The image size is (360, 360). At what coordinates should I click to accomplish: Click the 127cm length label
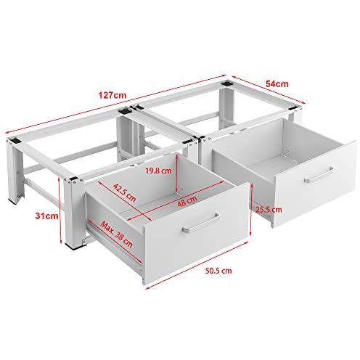(x=112, y=95)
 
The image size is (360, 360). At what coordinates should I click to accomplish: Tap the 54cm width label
(x=277, y=83)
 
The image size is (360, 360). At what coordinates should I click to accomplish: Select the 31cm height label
(x=46, y=216)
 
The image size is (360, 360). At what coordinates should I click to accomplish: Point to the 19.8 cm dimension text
(x=158, y=171)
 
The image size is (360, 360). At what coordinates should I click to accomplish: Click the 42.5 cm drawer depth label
(x=124, y=193)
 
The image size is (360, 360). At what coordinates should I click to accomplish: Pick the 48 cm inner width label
(x=187, y=201)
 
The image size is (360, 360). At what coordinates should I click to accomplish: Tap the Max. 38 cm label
(x=117, y=234)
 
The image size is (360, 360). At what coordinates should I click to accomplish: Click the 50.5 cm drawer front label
(x=218, y=271)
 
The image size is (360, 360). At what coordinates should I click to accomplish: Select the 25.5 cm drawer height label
(x=269, y=210)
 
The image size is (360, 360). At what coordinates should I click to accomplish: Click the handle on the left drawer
(x=201, y=223)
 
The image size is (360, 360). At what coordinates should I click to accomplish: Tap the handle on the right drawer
(x=319, y=174)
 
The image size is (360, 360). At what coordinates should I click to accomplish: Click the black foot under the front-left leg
(x=75, y=247)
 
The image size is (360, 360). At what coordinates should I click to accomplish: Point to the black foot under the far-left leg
(x=13, y=200)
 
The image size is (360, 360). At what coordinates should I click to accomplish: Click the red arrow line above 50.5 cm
(x=198, y=265)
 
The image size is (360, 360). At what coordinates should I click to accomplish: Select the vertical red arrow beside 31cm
(x=60, y=210)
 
